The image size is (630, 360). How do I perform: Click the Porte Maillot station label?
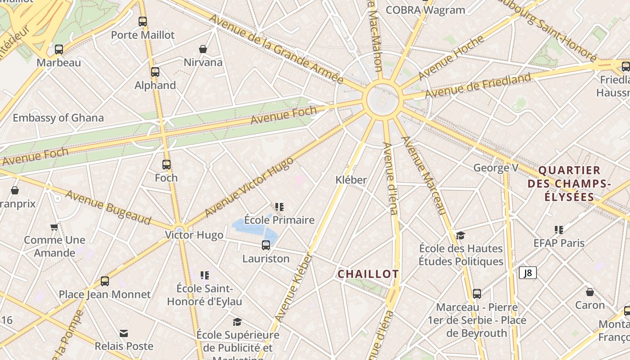(x=143, y=35)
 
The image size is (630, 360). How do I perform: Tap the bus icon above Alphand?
(x=155, y=72)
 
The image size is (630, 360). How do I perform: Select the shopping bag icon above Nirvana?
(x=203, y=49)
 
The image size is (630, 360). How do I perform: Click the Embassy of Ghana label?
(x=58, y=118)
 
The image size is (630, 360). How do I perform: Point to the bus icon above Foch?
(x=166, y=165)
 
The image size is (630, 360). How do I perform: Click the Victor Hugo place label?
(x=194, y=235)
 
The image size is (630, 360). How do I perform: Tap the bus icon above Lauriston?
(x=266, y=245)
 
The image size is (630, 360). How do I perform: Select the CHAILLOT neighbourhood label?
(x=368, y=274)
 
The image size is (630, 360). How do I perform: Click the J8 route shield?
(x=528, y=273)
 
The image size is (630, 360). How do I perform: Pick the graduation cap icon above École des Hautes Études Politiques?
(x=460, y=235)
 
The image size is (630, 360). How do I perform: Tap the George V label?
(x=496, y=168)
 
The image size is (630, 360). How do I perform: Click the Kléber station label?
(x=351, y=180)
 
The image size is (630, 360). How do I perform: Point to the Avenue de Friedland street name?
(x=478, y=85)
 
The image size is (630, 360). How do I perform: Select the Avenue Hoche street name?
(x=451, y=57)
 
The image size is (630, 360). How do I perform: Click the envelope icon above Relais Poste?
(x=124, y=333)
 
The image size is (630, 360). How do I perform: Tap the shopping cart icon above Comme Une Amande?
(x=54, y=227)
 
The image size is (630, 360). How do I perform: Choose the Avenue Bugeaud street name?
(x=108, y=207)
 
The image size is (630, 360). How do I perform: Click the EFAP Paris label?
(x=559, y=243)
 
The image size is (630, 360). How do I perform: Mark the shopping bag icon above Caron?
(x=590, y=292)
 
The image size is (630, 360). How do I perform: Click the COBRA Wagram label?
(x=425, y=10)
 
